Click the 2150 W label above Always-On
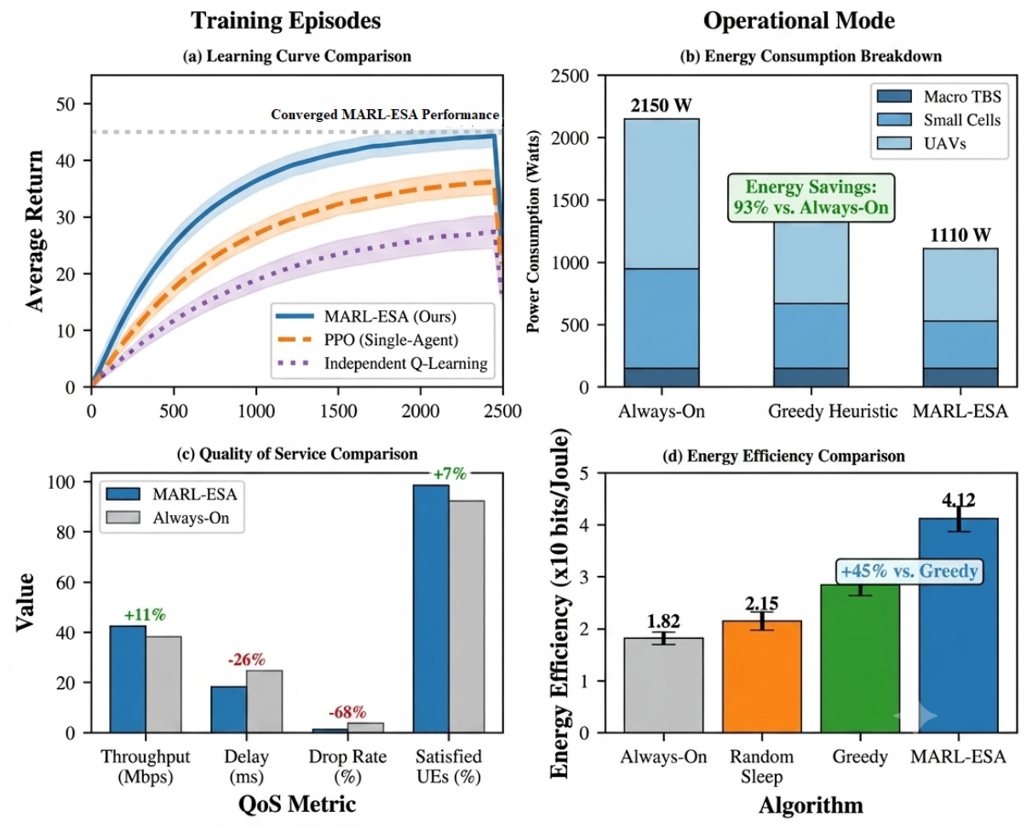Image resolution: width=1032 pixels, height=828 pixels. click(662, 105)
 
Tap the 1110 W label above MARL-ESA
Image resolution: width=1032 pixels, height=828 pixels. click(960, 235)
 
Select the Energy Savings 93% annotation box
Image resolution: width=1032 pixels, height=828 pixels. click(811, 197)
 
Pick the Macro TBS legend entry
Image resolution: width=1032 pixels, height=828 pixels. click(939, 96)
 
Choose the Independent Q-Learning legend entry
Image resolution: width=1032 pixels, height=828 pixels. click(382, 363)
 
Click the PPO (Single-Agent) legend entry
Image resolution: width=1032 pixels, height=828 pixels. click(367, 340)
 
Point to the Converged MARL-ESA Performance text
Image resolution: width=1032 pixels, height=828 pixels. click(385, 115)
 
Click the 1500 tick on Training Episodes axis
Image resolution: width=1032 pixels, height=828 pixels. click(339, 411)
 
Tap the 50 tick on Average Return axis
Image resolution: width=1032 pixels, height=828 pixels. click(66, 104)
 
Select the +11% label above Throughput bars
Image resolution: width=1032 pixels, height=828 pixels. click(145, 614)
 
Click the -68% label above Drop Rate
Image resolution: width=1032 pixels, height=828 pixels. click(347, 712)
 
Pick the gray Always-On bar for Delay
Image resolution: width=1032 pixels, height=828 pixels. click(264, 701)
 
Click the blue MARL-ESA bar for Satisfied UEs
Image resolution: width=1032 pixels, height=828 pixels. click(431, 609)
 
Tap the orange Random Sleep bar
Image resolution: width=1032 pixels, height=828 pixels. click(762, 677)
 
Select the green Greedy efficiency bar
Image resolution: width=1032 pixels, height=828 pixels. click(860, 658)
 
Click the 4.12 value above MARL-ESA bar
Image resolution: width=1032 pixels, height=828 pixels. click(958, 500)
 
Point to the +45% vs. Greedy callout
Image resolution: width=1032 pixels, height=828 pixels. click(909, 572)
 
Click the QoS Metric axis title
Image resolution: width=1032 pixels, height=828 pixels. click(297, 804)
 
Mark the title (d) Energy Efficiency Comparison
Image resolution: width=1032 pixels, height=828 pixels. click(783, 456)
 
